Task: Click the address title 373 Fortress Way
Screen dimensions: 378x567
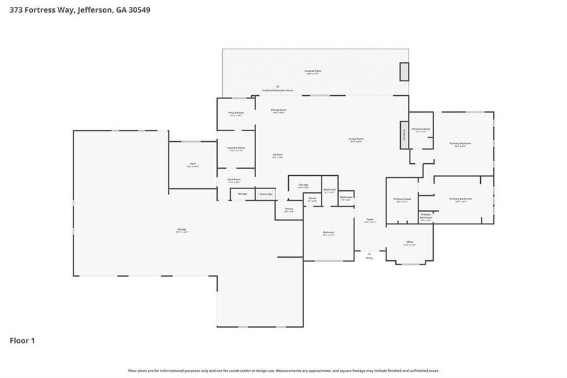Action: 79,10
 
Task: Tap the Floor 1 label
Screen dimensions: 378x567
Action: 22,341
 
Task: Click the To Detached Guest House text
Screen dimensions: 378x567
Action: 278,90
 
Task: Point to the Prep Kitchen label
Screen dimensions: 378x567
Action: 235,113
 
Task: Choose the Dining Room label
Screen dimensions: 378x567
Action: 279,111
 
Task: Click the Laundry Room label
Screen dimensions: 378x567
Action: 236,149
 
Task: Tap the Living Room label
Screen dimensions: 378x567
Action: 356,140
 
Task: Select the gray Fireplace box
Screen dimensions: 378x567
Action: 404,135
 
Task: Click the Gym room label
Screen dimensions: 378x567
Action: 193,165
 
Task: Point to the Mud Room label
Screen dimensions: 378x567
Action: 234,180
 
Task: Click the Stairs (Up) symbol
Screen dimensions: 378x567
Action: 266,194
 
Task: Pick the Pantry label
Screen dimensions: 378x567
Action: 289,210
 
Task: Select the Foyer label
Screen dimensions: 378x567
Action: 370,220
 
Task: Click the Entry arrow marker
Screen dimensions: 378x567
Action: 369,255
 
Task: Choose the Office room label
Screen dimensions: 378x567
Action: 410,243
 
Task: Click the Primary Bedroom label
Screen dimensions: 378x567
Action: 460,144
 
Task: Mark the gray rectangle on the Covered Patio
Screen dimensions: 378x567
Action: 404,71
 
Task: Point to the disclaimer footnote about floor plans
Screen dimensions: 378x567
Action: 283,371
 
